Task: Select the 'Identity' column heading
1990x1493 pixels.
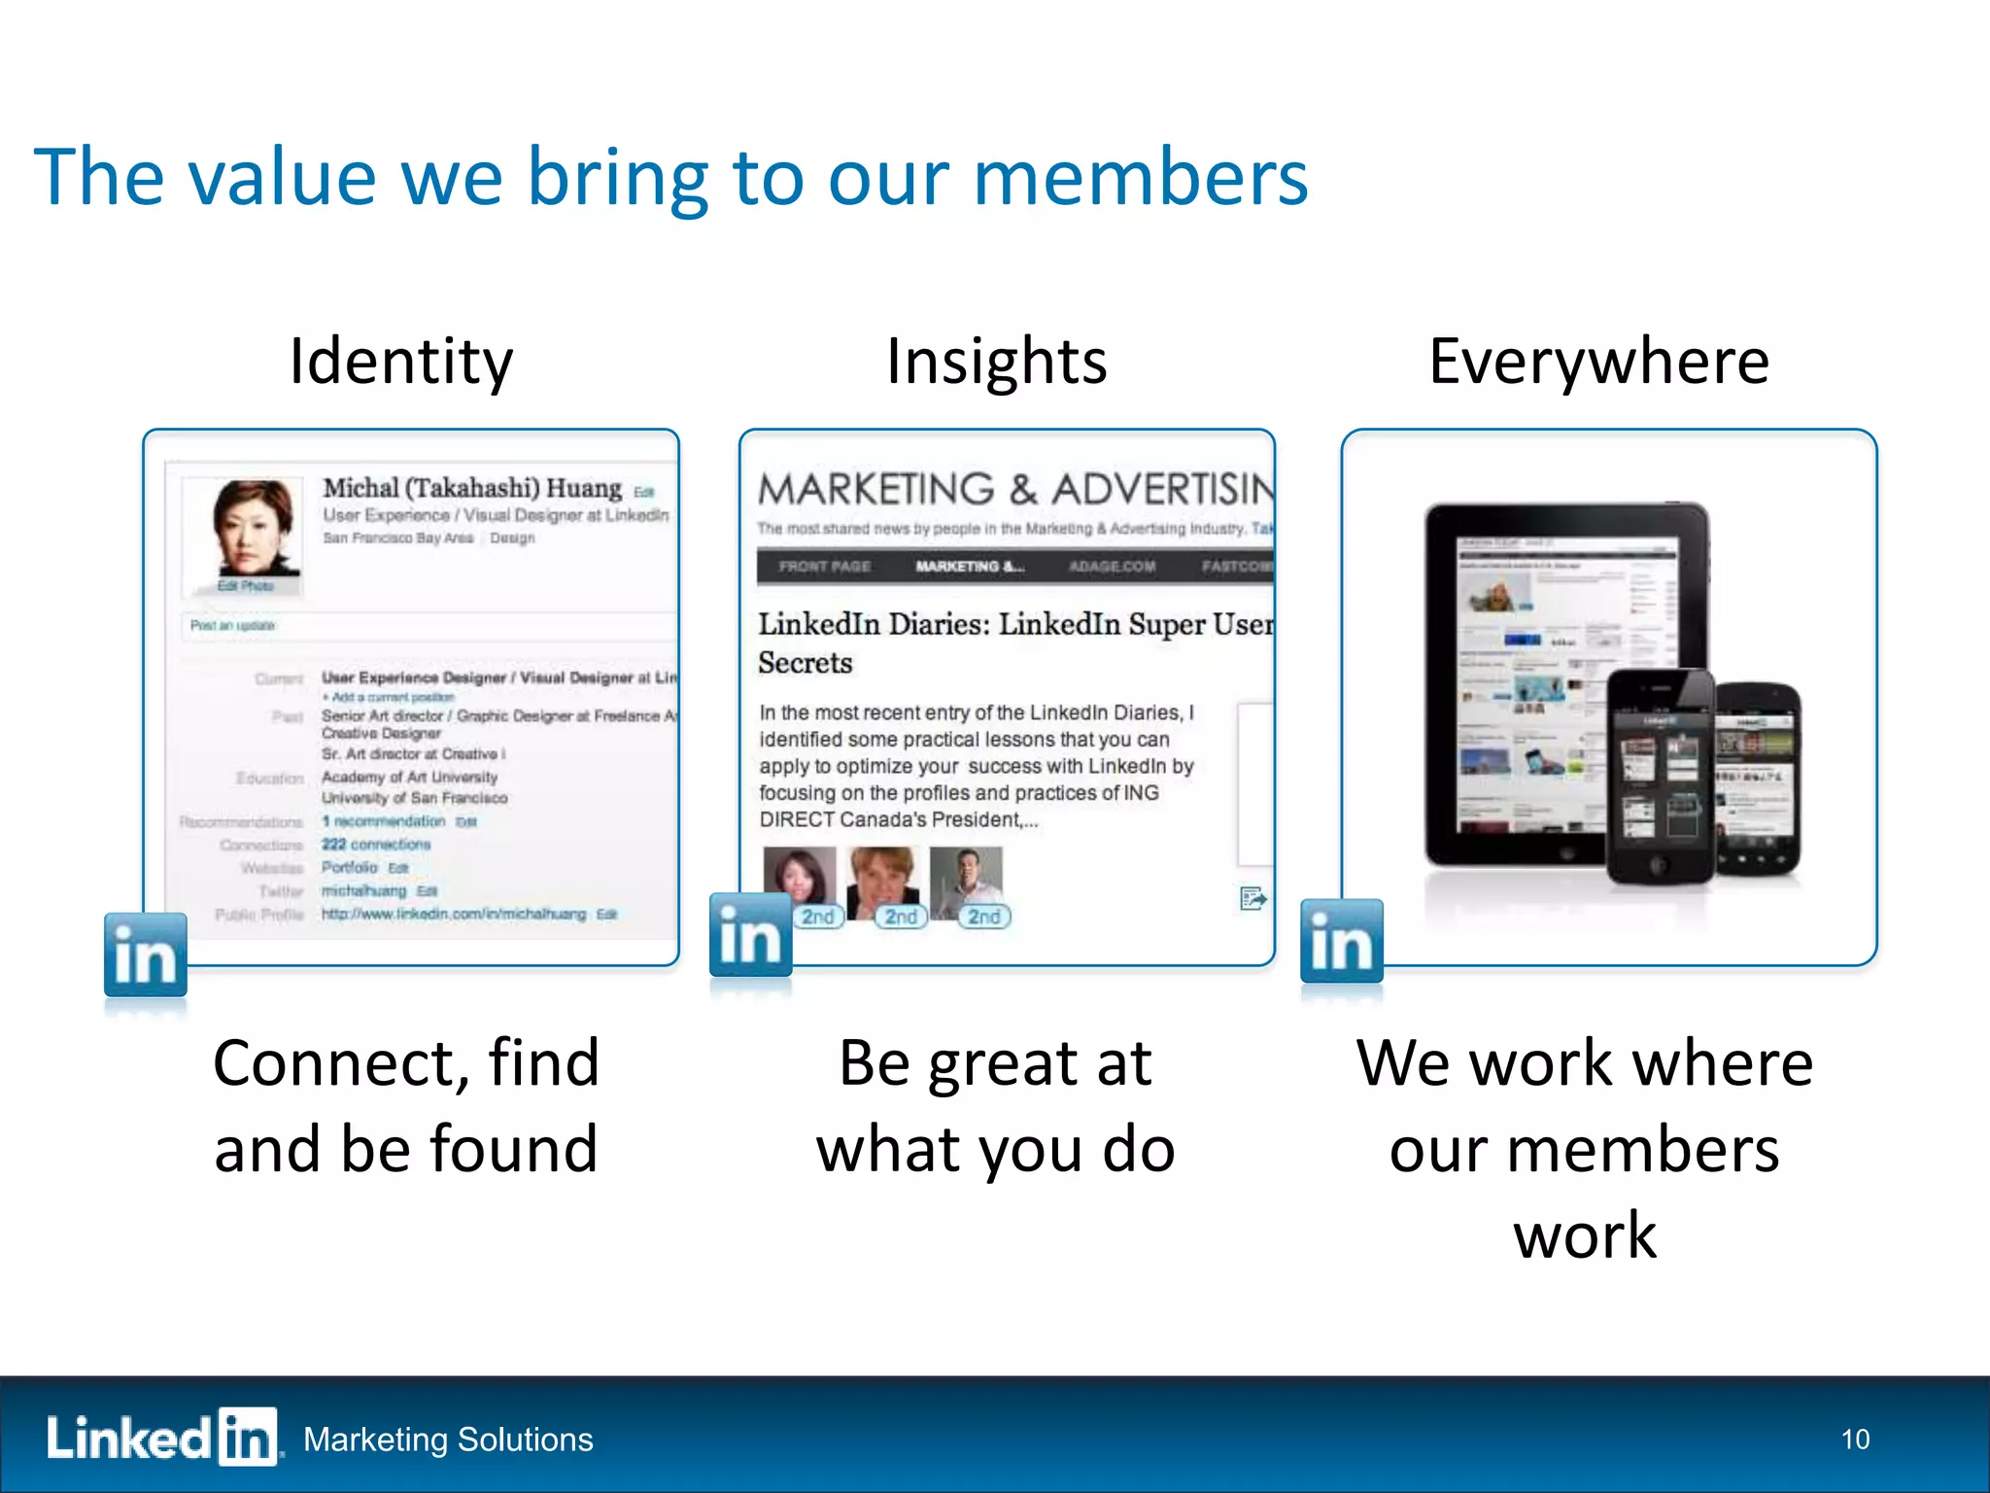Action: coord(400,362)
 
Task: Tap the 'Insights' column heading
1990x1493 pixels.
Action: coord(996,362)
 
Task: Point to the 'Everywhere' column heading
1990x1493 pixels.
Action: coord(1598,362)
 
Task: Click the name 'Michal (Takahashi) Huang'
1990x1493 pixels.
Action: coord(472,488)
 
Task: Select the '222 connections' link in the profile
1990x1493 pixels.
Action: coord(376,845)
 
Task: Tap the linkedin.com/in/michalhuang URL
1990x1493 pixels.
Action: coord(454,915)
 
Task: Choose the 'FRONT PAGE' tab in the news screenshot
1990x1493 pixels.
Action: coord(824,567)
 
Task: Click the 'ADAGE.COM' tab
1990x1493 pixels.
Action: coord(1112,567)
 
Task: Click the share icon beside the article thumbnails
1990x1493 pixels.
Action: coord(1252,899)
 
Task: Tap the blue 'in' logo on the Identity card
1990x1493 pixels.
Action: coord(146,955)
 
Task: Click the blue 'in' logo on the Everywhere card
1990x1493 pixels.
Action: coord(1341,941)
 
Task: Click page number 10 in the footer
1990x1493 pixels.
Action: coord(1854,1440)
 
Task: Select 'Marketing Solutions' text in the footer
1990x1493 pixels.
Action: coord(448,1440)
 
